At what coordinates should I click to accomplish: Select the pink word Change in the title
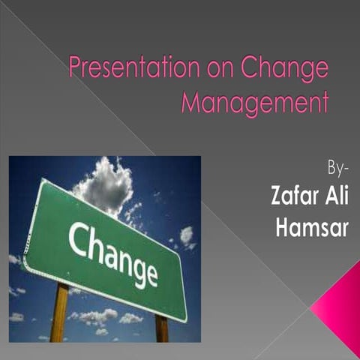click(x=285, y=70)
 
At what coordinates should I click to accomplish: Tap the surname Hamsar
click(x=312, y=229)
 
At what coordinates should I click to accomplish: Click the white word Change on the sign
click(x=113, y=252)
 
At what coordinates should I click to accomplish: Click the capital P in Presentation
click(x=75, y=69)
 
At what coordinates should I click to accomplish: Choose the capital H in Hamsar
click(x=283, y=229)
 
